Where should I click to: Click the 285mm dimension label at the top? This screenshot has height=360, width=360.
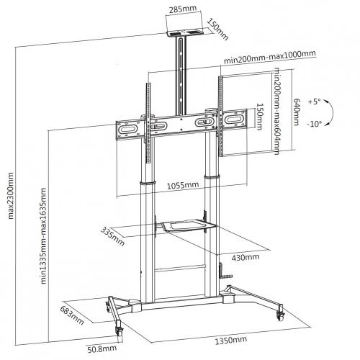tap(183, 9)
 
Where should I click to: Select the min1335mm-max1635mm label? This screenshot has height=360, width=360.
tap(43, 235)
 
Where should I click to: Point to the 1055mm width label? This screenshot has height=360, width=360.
tap(183, 185)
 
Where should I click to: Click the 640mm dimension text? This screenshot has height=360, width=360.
tap(297, 112)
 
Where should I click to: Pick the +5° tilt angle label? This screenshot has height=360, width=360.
tap(315, 102)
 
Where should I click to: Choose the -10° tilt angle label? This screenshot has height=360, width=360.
tap(315, 124)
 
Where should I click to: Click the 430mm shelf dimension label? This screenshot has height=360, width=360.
tap(246, 257)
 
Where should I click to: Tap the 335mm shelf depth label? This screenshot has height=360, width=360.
tap(112, 236)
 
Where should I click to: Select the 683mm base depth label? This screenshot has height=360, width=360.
tap(72, 315)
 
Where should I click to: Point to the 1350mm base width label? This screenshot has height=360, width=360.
tap(230, 340)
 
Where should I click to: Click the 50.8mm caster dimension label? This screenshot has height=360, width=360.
tap(102, 349)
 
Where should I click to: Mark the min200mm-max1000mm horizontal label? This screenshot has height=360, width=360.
tap(270, 57)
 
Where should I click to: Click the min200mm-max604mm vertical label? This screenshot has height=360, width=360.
tap(276, 111)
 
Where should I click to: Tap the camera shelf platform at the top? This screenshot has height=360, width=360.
tap(185, 33)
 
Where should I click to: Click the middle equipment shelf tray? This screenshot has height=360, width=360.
tap(189, 226)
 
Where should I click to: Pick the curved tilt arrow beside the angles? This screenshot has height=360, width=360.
tap(333, 112)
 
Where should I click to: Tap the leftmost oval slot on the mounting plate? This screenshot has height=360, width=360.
tap(128, 129)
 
